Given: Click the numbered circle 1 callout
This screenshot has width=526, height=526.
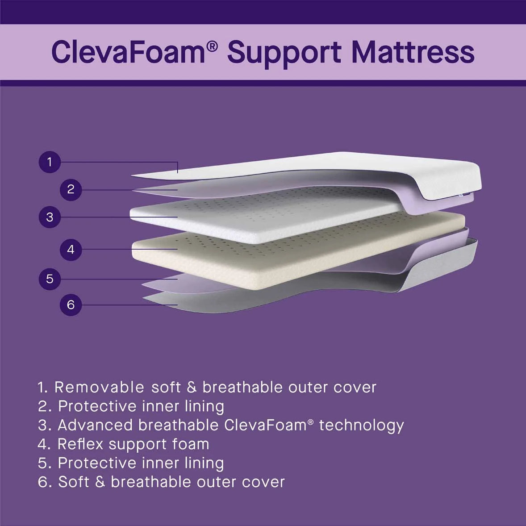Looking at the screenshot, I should [x=50, y=162].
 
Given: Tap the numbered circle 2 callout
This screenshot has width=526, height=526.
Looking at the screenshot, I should [x=71, y=189].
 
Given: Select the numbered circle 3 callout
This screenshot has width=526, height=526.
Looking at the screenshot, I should [x=50, y=217].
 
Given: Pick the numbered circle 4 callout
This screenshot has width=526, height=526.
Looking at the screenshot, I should [x=71, y=249].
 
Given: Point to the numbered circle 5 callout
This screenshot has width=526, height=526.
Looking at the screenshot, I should [x=50, y=279].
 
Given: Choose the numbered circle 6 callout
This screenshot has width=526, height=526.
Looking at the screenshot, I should [x=71, y=305].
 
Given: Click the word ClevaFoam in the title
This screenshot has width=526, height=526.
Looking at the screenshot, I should [x=128, y=52].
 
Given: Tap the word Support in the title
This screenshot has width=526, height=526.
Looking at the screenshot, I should [x=285, y=52].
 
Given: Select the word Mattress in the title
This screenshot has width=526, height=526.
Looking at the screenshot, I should [x=413, y=52].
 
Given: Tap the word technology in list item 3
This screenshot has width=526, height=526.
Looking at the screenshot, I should [x=361, y=426].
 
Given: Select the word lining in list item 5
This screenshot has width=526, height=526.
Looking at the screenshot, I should [x=204, y=463].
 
